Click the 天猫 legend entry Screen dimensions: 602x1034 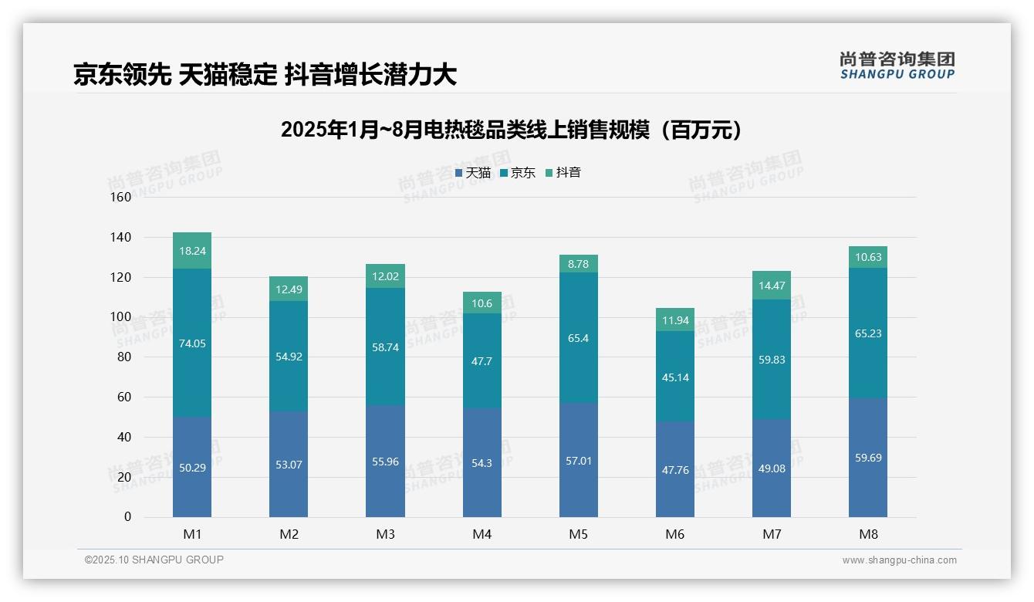click(x=472, y=173)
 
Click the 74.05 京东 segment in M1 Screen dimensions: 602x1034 click(x=192, y=343)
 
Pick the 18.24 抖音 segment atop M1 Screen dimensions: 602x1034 click(x=192, y=251)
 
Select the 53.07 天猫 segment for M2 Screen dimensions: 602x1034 click(x=289, y=465)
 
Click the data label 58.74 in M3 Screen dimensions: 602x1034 click(x=385, y=348)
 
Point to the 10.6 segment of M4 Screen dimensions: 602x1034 click(x=482, y=303)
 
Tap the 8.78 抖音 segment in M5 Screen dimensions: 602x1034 click(x=578, y=264)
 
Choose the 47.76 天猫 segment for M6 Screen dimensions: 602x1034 click(x=675, y=469)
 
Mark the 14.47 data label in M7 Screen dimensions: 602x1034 click(x=772, y=286)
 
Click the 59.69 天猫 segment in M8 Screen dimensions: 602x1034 click(x=868, y=458)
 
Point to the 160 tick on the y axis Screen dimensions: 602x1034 click(x=121, y=198)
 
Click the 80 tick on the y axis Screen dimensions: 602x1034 click(x=124, y=357)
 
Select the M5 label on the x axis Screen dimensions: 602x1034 click(x=578, y=535)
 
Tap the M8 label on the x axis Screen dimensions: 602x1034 click(x=868, y=535)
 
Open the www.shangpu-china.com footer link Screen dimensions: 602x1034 click(x=899, y=560)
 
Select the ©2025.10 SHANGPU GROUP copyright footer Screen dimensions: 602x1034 click(x=154, y=560)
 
